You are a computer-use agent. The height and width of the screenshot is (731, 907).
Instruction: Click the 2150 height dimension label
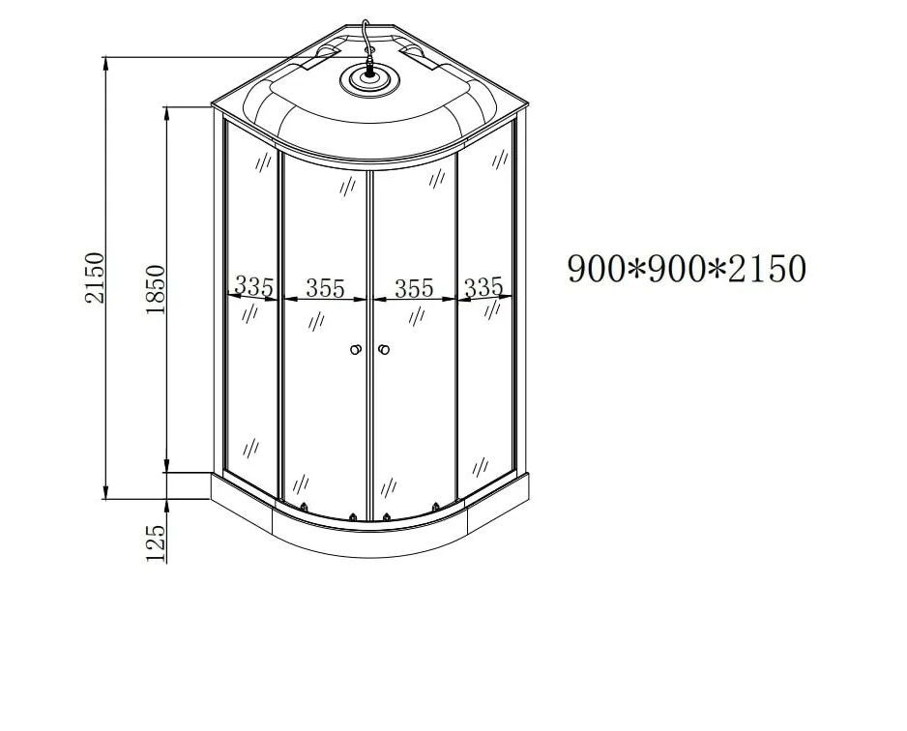tap(95, 278)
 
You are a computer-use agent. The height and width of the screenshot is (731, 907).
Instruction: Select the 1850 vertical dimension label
tap(155, 289)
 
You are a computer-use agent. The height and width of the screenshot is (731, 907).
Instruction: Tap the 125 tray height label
tap(155, 543)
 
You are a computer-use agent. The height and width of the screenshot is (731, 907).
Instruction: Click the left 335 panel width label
tap(253, 286)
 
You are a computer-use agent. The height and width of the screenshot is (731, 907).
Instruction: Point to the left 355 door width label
tap(325, 288)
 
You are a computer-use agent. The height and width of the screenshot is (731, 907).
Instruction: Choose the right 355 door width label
tap(414, 288)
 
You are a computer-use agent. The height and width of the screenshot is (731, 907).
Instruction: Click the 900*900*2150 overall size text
tap(687, 269)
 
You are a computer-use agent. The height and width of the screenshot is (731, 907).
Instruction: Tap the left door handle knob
tap(356, 349)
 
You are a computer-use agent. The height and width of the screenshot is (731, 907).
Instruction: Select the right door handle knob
tap(384, 349)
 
